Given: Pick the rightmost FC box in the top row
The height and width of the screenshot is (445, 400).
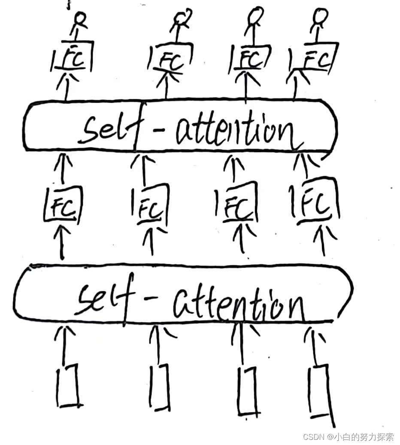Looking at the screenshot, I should pyautogui.click(x=313, y=60).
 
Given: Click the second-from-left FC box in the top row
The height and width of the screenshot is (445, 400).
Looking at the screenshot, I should pyautogui.click(x=168, y=60).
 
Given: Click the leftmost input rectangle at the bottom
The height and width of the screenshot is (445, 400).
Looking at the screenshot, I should pyautogui.click(x=68, y=385).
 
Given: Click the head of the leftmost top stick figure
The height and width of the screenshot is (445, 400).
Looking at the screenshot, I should pyautogui.click(x=80, y=18).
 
